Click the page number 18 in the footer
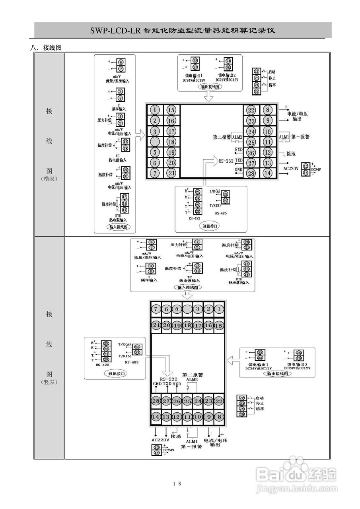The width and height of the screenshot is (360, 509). point(177,484)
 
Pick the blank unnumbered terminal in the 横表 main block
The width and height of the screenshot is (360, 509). point(156,142)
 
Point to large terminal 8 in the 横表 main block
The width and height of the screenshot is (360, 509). point(268,110)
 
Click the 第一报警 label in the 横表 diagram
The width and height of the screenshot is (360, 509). point(300,137)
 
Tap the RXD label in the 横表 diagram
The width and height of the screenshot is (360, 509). point(239,150)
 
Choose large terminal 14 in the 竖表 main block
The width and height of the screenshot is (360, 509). point(156,416)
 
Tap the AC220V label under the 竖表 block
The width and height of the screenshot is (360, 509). point(160,440)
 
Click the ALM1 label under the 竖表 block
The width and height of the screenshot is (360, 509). point(192,441)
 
